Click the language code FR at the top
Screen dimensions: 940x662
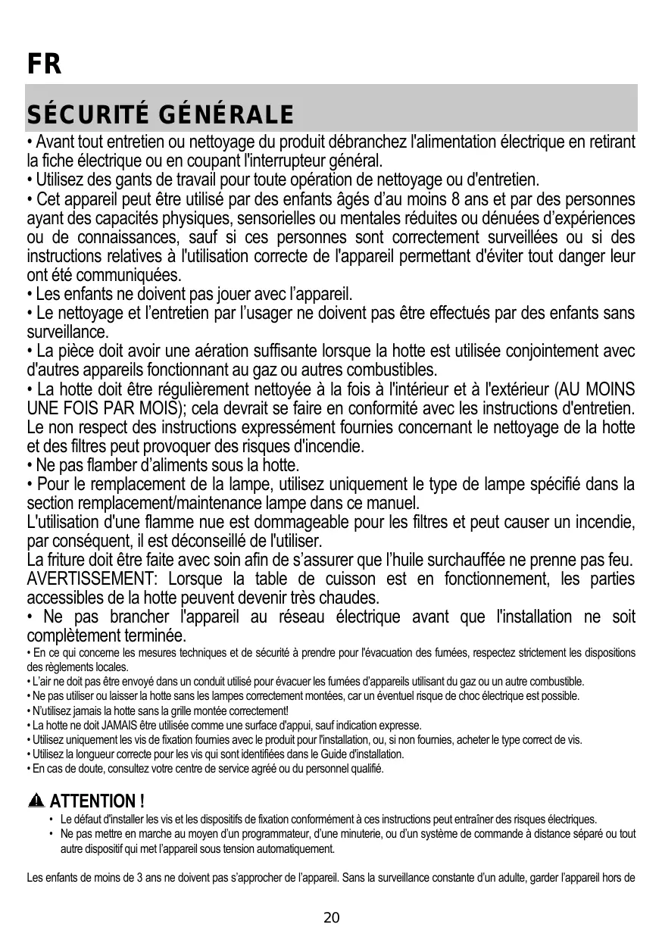point(43,64)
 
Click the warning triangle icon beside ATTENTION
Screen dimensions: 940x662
point(36,801)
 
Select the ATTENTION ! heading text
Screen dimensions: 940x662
point(97,801)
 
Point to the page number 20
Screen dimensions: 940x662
point(332,918)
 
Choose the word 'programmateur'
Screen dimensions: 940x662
point(244,834)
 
